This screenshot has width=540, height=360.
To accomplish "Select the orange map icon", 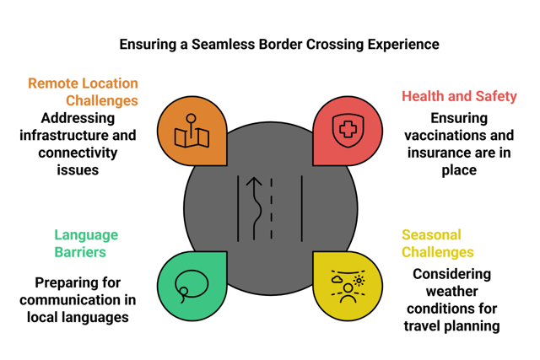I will [x=192, y=132].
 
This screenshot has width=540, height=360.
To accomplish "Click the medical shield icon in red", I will [x=348, y=131].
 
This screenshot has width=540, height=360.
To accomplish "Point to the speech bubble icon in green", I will [x=192, y=285].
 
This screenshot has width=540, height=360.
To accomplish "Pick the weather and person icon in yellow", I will [x=348, y=286].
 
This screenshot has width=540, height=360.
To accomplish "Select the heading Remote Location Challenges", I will [x=83, y=92].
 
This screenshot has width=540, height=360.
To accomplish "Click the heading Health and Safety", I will [x=457, y=96].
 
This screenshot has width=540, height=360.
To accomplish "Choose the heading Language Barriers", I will [x=86, y=243].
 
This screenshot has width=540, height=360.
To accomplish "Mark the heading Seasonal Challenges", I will [x=437, y=243].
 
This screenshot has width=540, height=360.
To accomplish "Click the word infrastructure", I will [x=67, y=136].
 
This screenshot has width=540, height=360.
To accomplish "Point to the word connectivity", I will [x=78, y=153].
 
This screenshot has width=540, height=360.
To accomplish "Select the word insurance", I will [x=444, y=153].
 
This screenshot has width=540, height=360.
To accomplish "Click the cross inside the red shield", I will [x=348, y=130].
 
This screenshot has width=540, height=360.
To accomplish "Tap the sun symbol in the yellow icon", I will [x=359, y=280].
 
